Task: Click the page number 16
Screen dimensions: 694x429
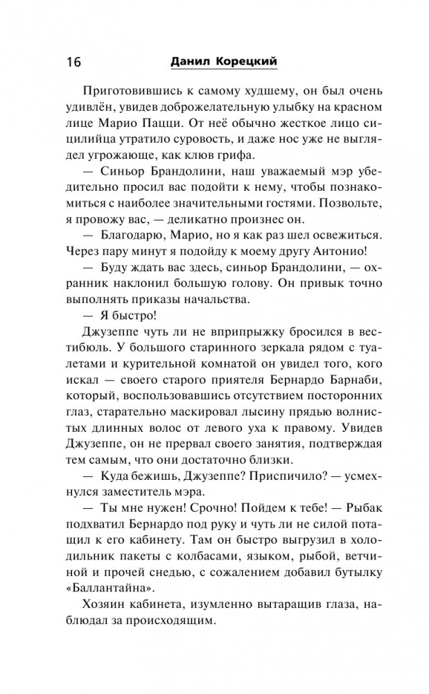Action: pos(73,62)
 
